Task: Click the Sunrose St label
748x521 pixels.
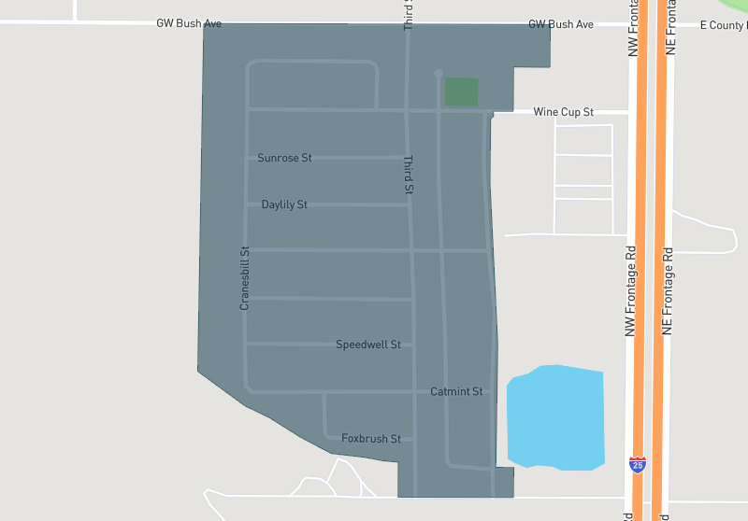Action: pyautogui.click(x=284, y=158)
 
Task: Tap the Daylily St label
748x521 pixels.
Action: pyautogui.click(x=284, y=204)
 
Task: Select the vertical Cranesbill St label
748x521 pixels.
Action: pyautogui.click(x=245, y=278)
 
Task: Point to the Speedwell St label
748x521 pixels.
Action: pyautogui.click(x=368, y=345)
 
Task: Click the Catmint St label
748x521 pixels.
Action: pyautogui.click(x=456, y=391)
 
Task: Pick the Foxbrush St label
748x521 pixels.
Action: pyautogui.click(x=371, y=438)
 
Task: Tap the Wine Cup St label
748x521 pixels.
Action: pyautogui.click(x=564, y=112)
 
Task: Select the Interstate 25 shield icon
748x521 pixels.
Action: pyautogui.click(x=638, y=463)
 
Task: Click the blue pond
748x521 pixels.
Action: pyautogui.click(x=555, y=416)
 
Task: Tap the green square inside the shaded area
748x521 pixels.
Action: pyautogui.click(x=461, y=92)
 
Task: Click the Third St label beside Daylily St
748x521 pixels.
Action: pyautogui.click(x=409, y=175)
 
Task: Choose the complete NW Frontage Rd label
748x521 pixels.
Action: pyautogui.click(x=631, y=290)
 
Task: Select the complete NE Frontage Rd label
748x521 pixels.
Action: pyautogui.click(x=668, y=290)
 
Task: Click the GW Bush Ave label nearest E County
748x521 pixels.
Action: pyautogui.click(x=561, y=24)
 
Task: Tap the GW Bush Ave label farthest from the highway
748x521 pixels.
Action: pyautogui.click(x=189, y=23)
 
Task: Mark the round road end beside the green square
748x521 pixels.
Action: pyautogui.click(x=439, y=73)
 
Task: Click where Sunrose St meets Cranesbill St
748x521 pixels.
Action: pyautogui.click(x=247, y=157)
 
